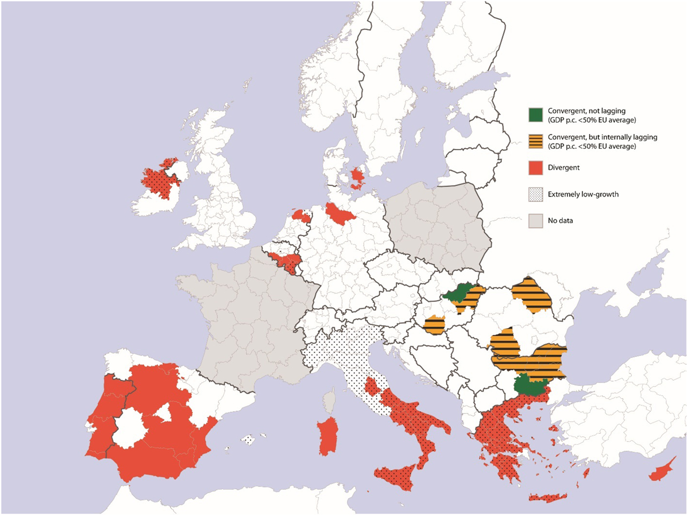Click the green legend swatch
tap(536, 115)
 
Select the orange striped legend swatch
tap(536, 141)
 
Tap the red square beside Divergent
tap(536, 168)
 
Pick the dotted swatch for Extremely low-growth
tap(536, 194)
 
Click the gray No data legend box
tap(536, 221)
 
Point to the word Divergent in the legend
tap(564, 168)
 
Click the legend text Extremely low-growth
tap(583, 194)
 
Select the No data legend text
tap(560, 221)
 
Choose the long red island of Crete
tap(548, 498)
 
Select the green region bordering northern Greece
tap(529, 385)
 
